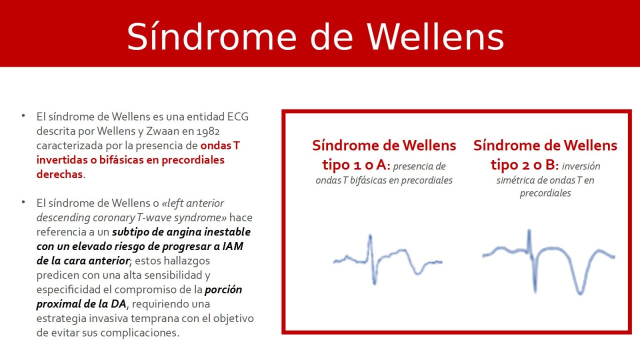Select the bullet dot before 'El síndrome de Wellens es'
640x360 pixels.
click(23, 116)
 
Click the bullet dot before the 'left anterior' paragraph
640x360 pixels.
click(23, 202)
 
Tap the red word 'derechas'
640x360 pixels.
click(59, 174)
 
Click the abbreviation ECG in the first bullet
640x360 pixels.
click(238, 117)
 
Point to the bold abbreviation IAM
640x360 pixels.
click(233, 246)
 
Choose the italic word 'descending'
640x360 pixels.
click(63, 218)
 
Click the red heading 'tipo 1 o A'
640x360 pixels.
click(352, 164)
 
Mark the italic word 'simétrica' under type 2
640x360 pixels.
click(515, 180)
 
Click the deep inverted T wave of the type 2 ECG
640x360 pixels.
click(580, 287)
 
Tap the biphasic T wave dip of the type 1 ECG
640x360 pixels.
click(418, 270)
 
